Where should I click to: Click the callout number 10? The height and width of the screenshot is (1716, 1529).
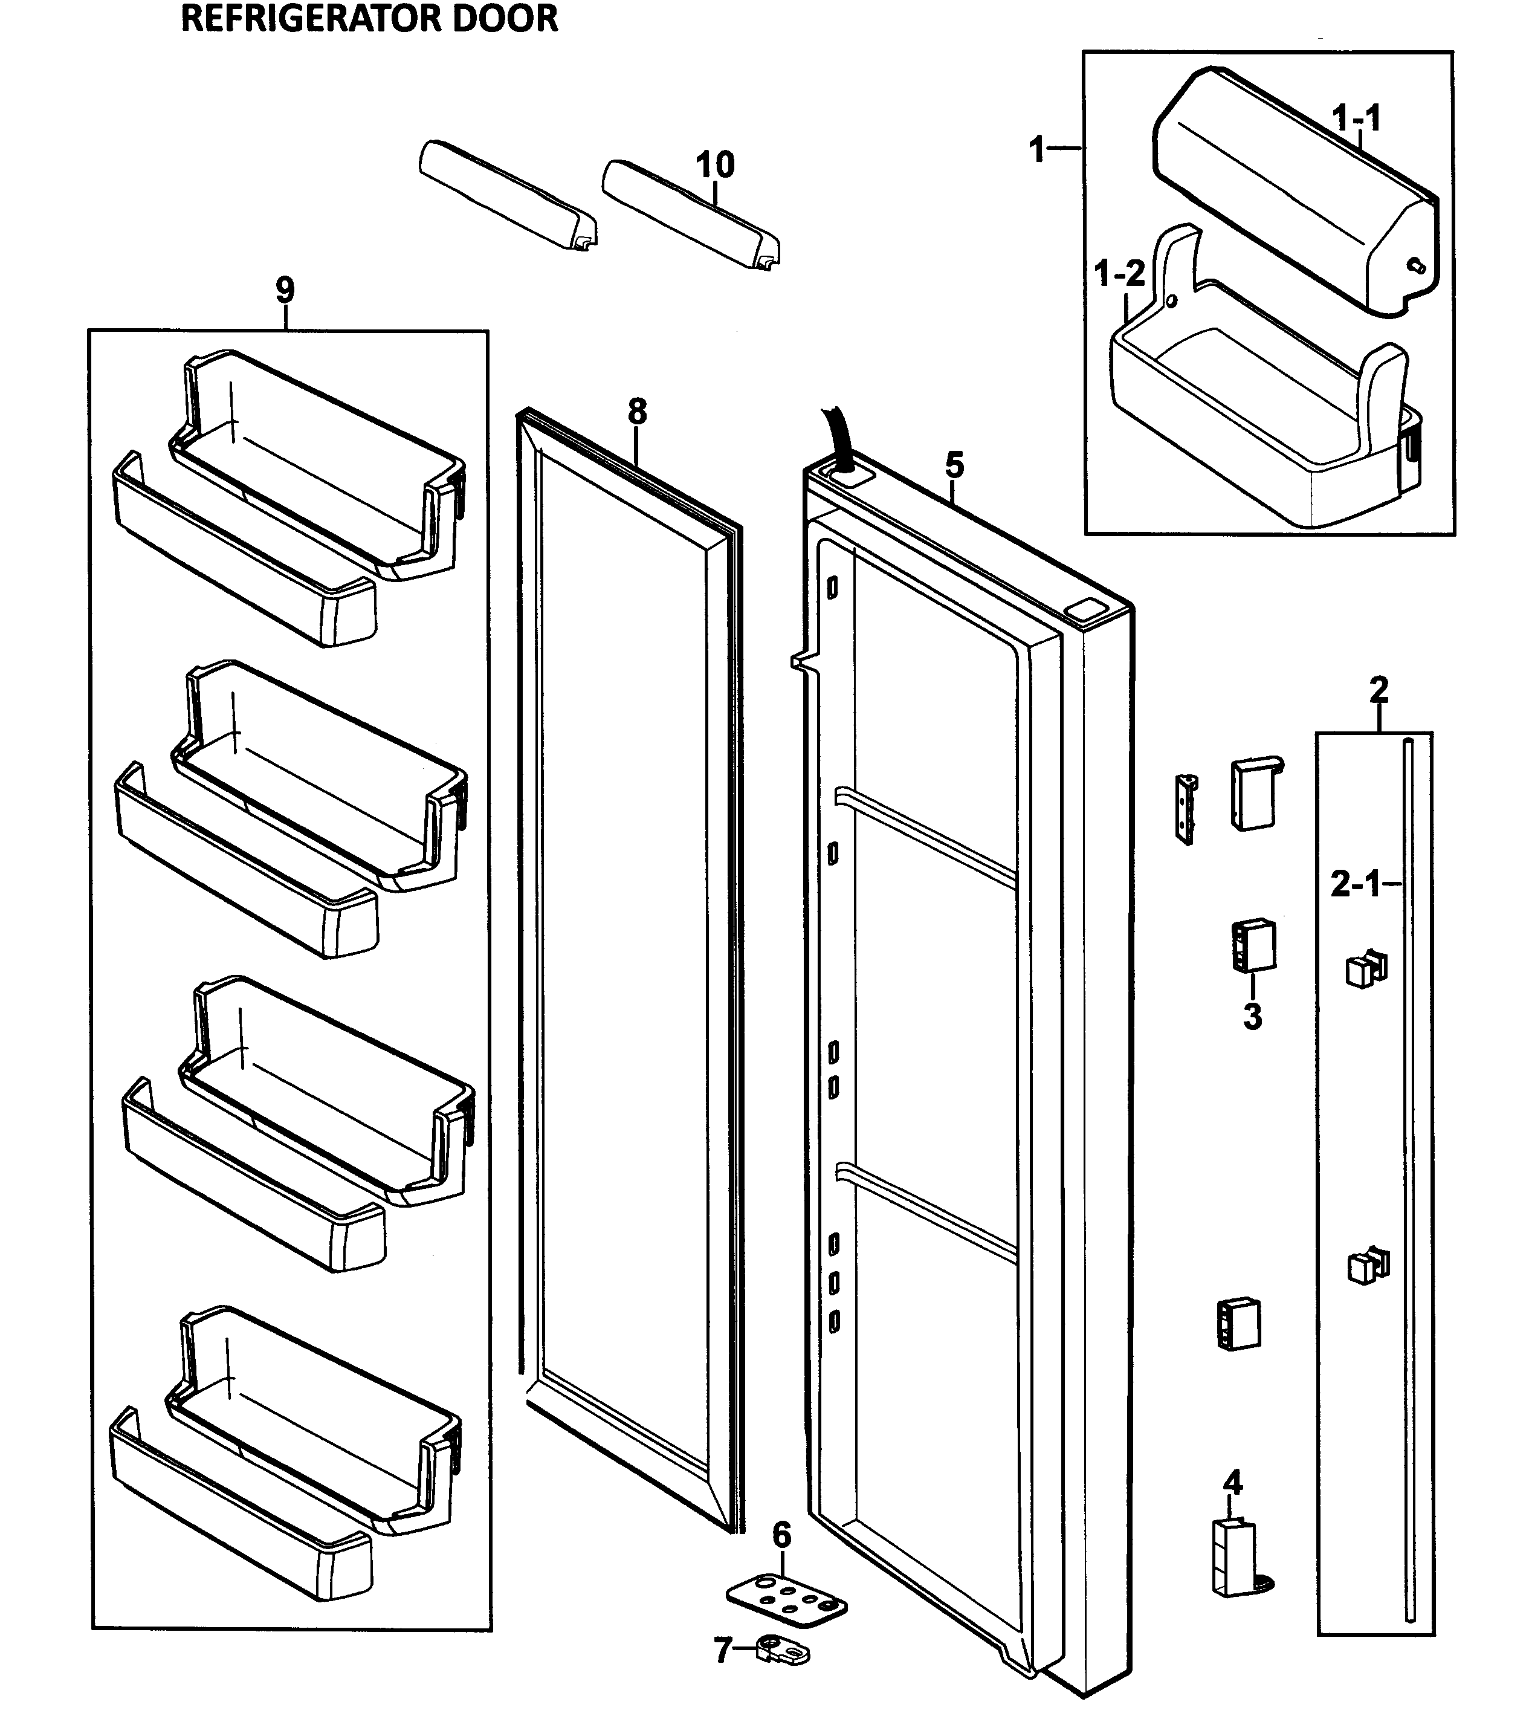tap(715, 164)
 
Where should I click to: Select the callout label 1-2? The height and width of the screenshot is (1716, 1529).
tap(1120, 273)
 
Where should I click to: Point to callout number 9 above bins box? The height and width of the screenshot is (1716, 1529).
tap(286, 291)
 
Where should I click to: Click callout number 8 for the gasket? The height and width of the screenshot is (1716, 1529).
tap(638, 412)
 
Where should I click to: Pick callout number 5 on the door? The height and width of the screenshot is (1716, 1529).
tap(954, 465)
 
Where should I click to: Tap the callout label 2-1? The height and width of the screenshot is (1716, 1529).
tap(1355, 884)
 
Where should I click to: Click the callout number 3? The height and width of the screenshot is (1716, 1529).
tap(1252, 1017)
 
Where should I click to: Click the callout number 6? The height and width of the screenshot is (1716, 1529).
tap(781, 1535)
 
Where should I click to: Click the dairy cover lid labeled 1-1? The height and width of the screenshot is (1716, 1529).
tap(1294, 193)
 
